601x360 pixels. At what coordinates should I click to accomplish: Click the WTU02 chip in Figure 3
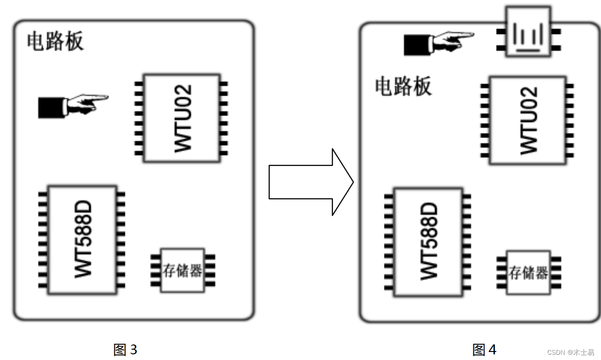click(x=182, y=118)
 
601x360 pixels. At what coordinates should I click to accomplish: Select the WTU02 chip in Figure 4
click(x=528, y=120)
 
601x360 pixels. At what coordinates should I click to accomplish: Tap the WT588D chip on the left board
click(x=82, y=239)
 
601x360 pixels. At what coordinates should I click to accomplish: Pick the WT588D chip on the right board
click(x=428, y=242)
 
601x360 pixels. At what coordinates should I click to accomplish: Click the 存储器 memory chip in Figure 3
click(x=183, y=270)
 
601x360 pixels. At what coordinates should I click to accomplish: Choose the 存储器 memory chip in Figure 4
click(x=528, y=272)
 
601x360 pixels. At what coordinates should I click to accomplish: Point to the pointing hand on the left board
click(x=73, y=105)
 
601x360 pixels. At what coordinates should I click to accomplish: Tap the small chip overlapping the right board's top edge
click(x=528, y=32)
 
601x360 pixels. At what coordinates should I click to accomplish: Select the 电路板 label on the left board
click(x=55, y=41)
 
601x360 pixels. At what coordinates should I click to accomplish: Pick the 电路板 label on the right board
click(x=403, y=87)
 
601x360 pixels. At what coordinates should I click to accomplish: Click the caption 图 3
click(x=125, y=350)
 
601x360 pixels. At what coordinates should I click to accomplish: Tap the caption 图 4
click(x=484, y=350)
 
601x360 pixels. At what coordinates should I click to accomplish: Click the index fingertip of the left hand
click(x=106, y=98)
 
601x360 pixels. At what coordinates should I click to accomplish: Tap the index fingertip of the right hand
click(x=472, y=34)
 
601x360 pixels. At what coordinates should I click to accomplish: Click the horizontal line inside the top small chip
click(x=528, y=49)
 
